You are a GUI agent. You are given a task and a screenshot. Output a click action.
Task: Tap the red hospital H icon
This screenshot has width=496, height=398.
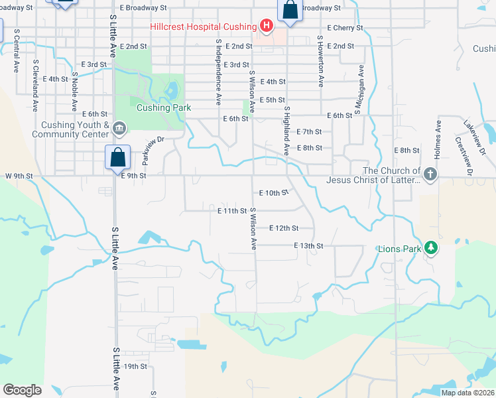266,27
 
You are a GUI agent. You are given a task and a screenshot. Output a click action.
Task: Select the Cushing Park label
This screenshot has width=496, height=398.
164,107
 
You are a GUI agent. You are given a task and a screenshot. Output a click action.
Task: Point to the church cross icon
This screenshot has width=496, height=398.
430,175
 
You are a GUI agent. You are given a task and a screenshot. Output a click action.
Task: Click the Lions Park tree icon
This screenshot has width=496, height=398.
432,248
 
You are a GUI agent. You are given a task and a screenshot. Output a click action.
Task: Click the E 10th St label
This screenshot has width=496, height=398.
272,193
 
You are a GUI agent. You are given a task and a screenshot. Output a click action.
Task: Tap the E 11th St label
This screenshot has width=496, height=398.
232,211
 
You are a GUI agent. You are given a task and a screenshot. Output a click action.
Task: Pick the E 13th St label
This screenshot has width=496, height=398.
308,245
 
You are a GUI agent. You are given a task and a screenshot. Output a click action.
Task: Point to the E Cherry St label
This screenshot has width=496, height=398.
345,28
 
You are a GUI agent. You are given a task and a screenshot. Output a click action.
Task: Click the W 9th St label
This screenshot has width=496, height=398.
19,176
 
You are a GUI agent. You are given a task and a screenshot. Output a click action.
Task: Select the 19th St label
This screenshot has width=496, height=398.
135,365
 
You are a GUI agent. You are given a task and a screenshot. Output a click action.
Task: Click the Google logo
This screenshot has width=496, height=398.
22,390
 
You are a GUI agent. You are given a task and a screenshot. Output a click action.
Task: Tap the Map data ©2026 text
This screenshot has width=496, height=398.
467,393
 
